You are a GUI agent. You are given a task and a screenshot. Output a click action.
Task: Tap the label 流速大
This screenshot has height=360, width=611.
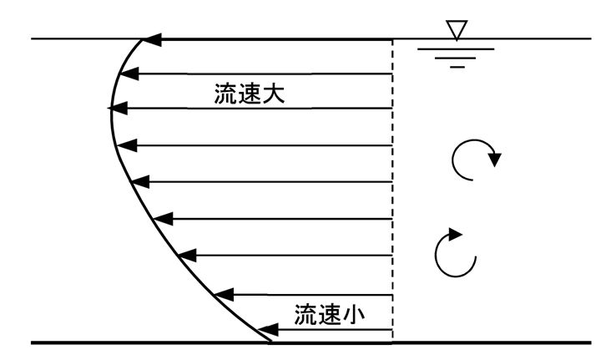click(x=250, y=93)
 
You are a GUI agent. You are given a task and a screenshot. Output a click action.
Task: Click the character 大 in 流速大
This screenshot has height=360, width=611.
click(x=275, y=93)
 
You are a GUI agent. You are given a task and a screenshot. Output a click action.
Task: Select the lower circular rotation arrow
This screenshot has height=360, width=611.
click(x=456, y=252)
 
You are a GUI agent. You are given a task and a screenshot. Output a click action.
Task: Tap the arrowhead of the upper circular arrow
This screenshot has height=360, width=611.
click(x=495, y=159)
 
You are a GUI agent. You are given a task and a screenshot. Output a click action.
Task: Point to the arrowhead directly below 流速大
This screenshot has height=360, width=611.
click(x=117, y=109)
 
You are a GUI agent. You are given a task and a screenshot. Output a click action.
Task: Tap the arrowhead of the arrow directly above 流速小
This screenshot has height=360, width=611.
click(x=222, y=294)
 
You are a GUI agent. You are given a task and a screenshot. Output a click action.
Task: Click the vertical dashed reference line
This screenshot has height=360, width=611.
click(x=393, y=192)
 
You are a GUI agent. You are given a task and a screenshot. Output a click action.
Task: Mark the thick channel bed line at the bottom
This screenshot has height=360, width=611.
click(x=459, y=342)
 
